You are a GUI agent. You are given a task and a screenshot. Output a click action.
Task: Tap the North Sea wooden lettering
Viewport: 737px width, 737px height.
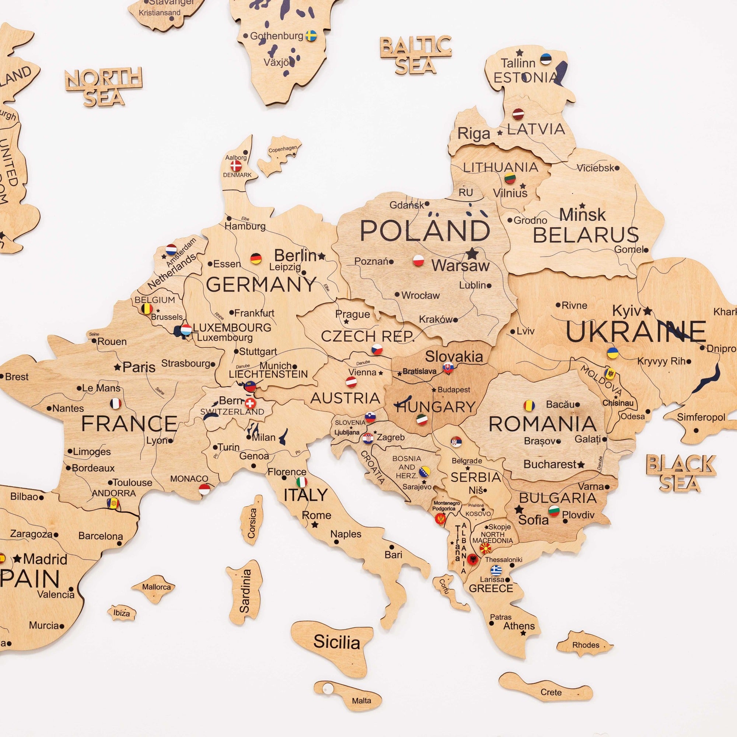(104, 86)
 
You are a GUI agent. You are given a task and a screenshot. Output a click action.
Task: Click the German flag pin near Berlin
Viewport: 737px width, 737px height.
(256, 259)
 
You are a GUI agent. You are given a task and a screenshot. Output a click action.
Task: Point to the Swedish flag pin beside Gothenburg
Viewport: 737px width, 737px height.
(312, 36)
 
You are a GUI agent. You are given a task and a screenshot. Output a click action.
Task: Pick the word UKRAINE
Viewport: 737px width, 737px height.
(635, 331)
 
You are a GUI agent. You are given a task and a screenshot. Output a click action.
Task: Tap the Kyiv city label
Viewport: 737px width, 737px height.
(626, 311)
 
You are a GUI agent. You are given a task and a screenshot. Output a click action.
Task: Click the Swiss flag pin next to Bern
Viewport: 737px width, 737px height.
(250, 403)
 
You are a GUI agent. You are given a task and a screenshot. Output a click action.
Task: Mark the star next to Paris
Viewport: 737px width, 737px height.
(118, 367)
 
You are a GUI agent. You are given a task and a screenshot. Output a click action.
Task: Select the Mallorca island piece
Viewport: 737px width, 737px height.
(154, 588)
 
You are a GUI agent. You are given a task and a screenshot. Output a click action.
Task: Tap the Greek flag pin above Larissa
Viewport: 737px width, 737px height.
(496, 570)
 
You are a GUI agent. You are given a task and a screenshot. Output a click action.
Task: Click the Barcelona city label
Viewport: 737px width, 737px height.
(101, 536)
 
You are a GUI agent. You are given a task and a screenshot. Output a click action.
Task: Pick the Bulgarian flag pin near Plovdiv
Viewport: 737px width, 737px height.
(554, 510)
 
